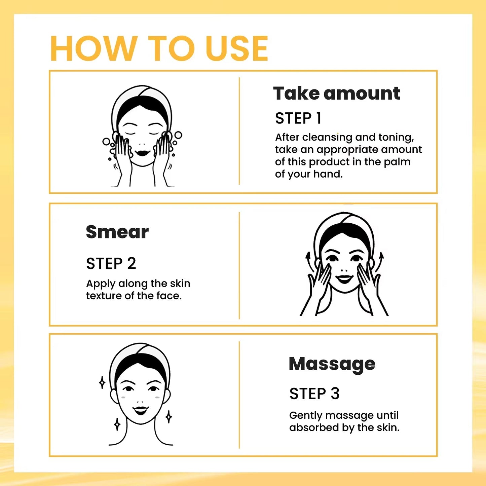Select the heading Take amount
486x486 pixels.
[x=336, y=93]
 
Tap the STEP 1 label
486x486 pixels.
[x=298, y=118]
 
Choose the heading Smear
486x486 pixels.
[x=117, y=232]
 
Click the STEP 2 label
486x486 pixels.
[x=111, y=263]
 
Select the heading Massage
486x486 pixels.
[x=332, y=364]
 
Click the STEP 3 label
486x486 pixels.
[x=314, y=394]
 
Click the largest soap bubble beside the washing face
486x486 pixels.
[x=178, y=135]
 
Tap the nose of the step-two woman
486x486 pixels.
[x=344, y=270]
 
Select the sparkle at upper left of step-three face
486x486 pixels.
[x=102, y=382]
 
